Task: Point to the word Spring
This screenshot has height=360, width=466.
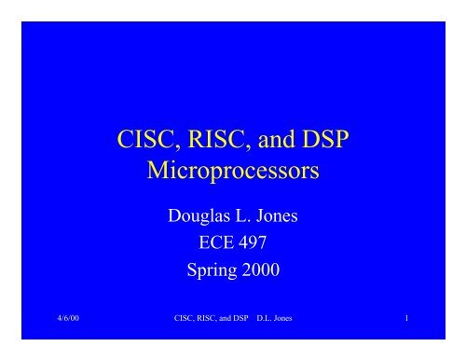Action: coord(206,272)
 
